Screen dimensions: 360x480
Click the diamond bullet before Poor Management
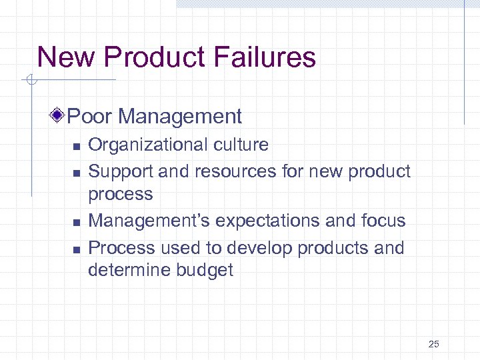59,117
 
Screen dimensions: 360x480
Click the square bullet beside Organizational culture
77,146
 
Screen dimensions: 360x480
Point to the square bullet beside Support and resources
77,173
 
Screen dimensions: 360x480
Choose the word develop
260,248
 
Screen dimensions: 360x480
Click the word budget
205,270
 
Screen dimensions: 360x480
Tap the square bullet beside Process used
77,249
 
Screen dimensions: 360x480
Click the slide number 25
434,344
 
